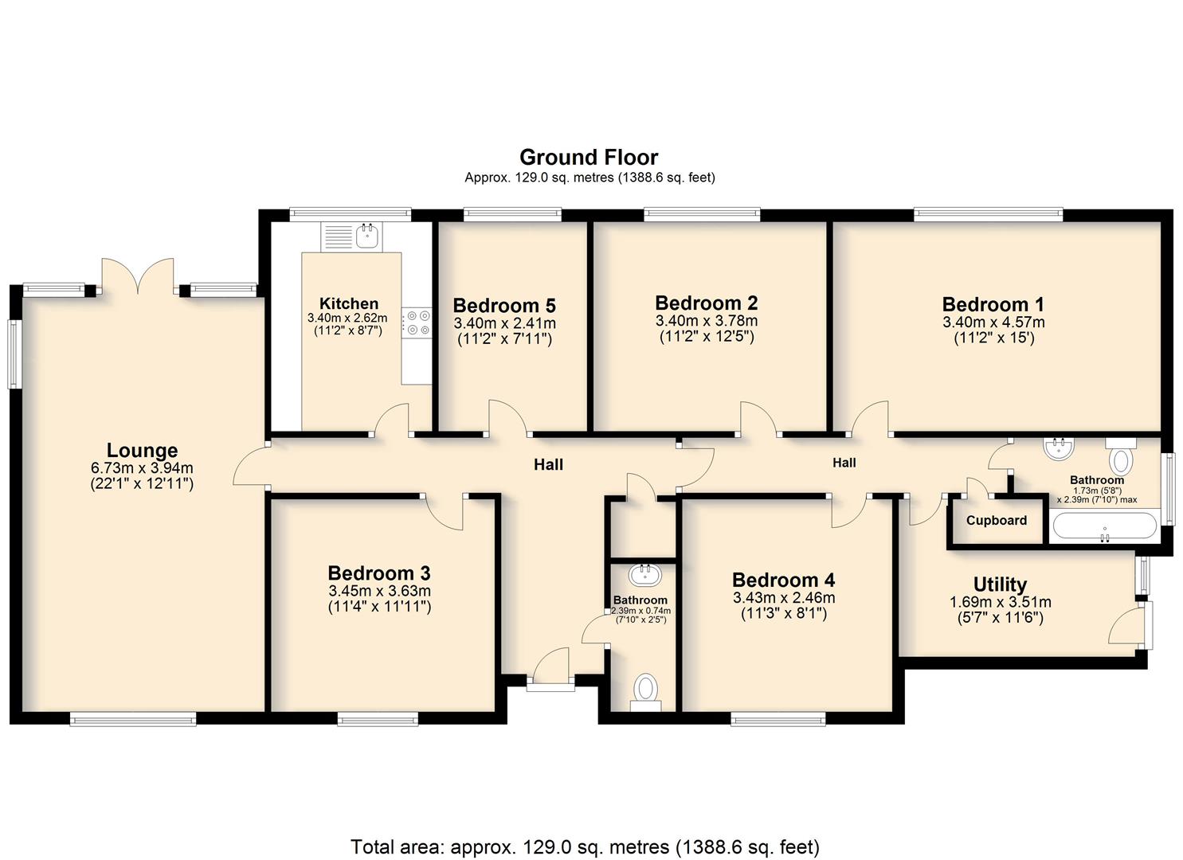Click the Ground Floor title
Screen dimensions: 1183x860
[x=589, y=158]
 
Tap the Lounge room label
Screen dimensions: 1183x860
[x=142, y=451]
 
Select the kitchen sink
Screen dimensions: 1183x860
[x=366, y=236]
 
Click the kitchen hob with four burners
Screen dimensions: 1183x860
[x=417, y=323]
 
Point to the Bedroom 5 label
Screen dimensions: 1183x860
[x=504, y=305]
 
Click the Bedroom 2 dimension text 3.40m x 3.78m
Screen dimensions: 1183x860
[x=707, y=320]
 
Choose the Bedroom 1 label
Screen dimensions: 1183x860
[x=993, y=304]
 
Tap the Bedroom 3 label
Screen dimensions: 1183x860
[x=379, y=573]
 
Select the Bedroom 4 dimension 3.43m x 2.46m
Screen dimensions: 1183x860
[x=784, y=597]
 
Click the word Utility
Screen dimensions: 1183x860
[x=1000, y=584]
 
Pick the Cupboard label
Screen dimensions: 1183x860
[x=997, y=520]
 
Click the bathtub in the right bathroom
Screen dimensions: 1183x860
[x=1105, y=526]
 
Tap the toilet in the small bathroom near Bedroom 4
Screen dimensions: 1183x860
[x=645, y=692]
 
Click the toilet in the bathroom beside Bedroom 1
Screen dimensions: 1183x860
[x=1121, y=456]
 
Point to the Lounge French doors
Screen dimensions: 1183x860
[x=138, y=276]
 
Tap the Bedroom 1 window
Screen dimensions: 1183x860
[x=988, y=214]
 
